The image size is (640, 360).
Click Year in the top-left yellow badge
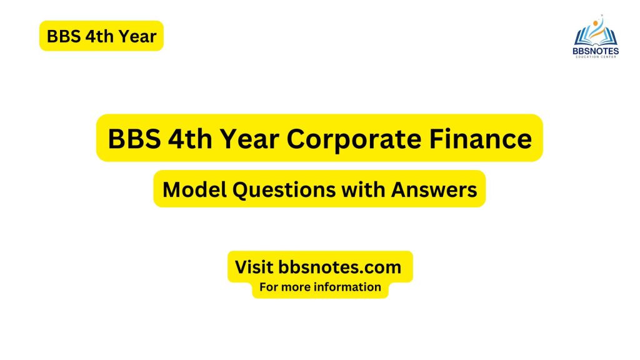pyautogui.click(x=135, y=36)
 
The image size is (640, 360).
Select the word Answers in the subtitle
pyautogui.click(x=434, y=189)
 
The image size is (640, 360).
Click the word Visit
pyautogui.click(x=254, y=267)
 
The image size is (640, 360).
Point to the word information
pyautogui.click(x=347, y=287)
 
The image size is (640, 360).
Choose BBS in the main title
pyautogui.click(x=135, y=138)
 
